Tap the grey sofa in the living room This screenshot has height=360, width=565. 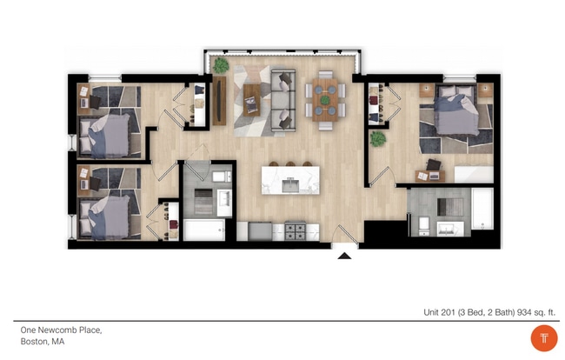283,101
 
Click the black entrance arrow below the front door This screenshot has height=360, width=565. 344,256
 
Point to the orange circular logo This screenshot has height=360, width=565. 543,337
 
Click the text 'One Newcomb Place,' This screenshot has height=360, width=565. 62,330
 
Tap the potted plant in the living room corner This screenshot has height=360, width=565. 222,65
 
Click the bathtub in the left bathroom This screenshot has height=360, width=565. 204,230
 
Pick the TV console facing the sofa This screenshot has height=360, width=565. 219,99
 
